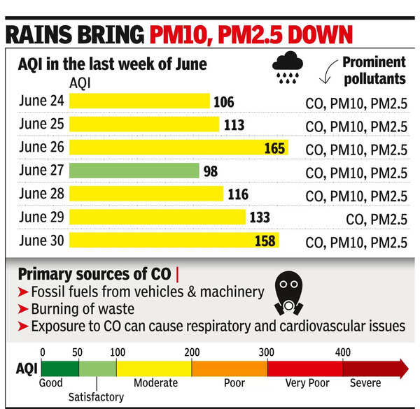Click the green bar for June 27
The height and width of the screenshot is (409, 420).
click(x=134, y=171)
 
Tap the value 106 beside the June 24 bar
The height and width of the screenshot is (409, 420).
click(x=223, y=103)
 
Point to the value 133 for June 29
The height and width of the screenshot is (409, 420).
click(x=259, y=217)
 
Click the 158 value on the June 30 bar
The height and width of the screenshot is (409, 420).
click(x=264, y=241)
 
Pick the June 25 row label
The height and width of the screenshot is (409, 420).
click(x=41, y=125)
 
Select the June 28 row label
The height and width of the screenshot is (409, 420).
click(x=41, y=194)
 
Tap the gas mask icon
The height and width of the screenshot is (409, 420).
click(x=288, y=292)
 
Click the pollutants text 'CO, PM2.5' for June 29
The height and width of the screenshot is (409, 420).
click(x=376, y=220)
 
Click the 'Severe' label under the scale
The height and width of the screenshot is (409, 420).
click(x=365, y=383)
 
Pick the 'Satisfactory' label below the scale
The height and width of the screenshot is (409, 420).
click(x=97, y=397)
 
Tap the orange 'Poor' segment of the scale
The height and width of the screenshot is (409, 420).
click(x=229, y=367)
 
